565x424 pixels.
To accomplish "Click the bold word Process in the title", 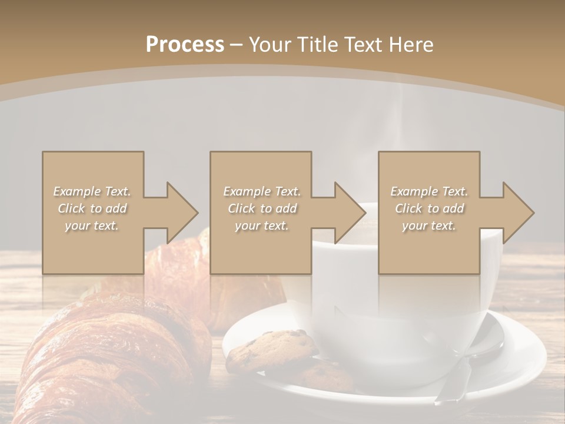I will (x=185, y=45).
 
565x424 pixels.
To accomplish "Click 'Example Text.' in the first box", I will (x=92, y=191).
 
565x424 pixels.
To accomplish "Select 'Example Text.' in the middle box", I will (x=261, y=191).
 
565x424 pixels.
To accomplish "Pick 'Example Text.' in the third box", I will (x=429, y=191).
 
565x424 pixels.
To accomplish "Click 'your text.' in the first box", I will (x=92, y=226).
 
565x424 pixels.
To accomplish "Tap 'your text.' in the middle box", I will (x=261, y=226).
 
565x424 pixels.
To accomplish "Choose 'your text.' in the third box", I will (x=429, y=226).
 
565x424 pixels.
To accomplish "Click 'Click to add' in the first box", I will (x=92, y=208).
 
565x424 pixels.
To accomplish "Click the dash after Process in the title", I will (x=236, y=45).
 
